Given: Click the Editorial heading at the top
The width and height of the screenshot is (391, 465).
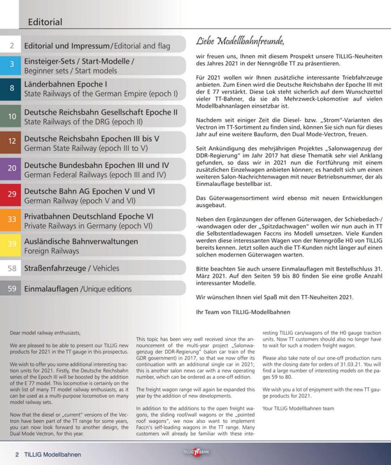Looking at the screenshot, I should (x=45, y=22).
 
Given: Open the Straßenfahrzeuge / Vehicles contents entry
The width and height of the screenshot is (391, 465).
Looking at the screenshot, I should (x=71, y=268).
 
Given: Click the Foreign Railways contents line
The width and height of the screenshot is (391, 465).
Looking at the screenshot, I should (x=52, y=251).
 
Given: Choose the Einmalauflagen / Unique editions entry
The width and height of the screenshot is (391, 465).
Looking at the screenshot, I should (x=78, y=289).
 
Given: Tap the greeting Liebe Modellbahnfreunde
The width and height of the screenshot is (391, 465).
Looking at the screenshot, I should (x=240, y=41).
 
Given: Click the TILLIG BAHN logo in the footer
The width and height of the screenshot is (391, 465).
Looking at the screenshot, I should (x=195, y=452).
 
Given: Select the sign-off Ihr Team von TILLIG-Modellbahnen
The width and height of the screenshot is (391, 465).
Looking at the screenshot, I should (x=243, y=312).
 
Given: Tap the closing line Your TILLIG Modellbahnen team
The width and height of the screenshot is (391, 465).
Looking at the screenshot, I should (x=298, y=408).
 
